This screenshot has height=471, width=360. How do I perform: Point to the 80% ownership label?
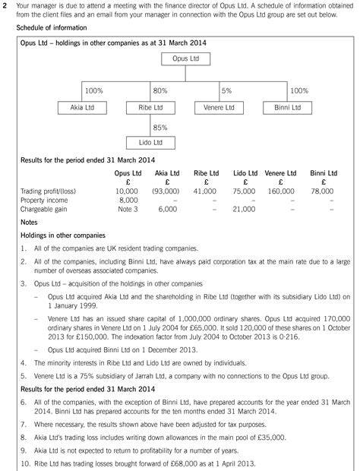pyautogui.click(x=160, y=90)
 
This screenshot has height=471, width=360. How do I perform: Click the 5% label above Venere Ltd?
pyautogui.click(x=226, y=90)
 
